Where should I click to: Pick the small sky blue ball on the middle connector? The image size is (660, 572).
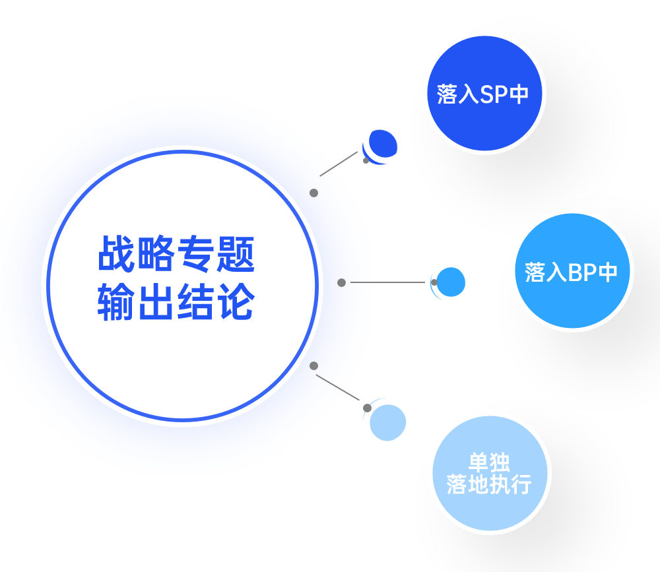click(x=451, y=282)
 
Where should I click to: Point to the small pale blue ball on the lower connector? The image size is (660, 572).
click(x=387, y=422)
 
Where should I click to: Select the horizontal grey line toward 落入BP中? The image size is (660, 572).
click(x=387, y=282)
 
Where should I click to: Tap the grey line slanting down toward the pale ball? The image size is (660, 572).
click(x=337, y=387)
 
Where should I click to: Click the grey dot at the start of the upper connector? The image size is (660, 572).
click(x=314, y=193)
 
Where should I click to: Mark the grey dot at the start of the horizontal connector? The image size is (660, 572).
click(x=341, y=282)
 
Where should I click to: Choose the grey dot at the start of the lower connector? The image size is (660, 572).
click(x=314, y=365)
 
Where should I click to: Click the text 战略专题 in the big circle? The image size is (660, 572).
click(x=176, y=255)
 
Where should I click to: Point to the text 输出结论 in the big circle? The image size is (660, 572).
click(x=176, y=302)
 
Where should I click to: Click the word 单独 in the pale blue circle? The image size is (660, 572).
click(x=489, y=462)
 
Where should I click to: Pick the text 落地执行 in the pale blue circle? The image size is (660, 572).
click(x=489, y=485)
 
